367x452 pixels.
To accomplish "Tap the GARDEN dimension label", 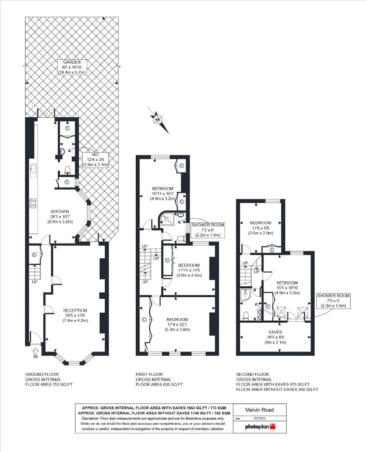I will pos(72,67).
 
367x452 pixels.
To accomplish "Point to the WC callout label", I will pos(98,159).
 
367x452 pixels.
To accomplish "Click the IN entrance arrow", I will pos(35,352).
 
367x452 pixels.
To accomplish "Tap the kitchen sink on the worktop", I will pos(33,170).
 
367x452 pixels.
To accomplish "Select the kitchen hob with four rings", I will pos(33,203).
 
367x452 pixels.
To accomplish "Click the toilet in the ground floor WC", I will pos(67,169).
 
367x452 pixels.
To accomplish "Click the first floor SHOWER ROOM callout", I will pos(208,230).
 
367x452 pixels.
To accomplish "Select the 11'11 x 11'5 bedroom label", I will pos(189,270).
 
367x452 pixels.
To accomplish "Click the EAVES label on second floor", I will pos(275,336).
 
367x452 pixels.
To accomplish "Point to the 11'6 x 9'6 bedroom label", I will pos(260,228).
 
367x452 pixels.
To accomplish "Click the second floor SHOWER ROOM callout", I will pos(333,300).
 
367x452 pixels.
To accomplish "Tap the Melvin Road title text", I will pos(260,410).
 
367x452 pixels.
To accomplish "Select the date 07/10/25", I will pos(260,418).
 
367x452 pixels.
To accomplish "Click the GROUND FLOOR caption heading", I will pos(42,374).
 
